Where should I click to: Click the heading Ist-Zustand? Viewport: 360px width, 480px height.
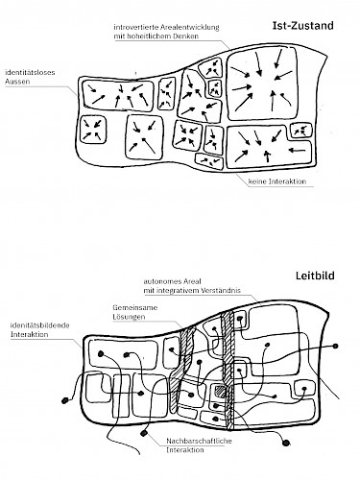point(302,26)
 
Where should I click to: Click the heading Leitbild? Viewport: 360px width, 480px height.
point(315,276)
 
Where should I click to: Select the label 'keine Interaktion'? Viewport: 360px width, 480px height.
point(277,181)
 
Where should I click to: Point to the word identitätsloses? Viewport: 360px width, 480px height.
point(30,72)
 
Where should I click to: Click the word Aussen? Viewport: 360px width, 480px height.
point(17,82)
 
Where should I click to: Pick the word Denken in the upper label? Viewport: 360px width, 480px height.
point(186,36)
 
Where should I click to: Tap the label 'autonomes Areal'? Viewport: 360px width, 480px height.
point(172,281)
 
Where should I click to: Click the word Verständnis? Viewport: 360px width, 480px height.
point(221,291)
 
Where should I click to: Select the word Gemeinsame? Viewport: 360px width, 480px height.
point(135,308)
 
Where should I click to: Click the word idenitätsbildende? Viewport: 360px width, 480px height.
point(40,325)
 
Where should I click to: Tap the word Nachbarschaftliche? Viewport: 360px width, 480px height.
point(199,441)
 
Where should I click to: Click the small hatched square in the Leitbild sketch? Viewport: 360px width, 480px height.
point(220,391)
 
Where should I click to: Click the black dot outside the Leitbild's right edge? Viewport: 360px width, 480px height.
point(335,346)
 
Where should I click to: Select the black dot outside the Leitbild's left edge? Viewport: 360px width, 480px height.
point(65,400)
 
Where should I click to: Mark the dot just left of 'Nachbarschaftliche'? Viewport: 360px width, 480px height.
point(144,433)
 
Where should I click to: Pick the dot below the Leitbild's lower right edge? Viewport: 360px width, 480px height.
point(286,443)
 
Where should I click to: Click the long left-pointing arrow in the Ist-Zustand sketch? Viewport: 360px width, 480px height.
point(297,150)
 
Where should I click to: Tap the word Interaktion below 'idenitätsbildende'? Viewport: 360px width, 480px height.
point(30,335)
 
